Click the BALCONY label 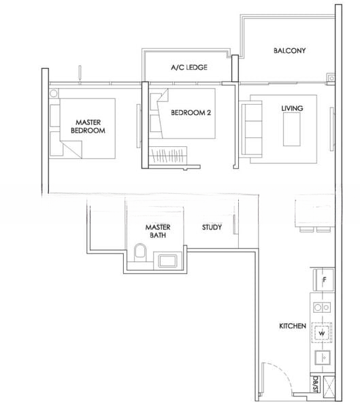click(x=289, y=50)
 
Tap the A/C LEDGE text click(x=189, y=67)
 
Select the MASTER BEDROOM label click(x=88, y=126)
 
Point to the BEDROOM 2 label click(x=191, y=113)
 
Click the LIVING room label click(x=292, y=108)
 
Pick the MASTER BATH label click(x=158, y=231)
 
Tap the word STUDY click(x=212, y=227)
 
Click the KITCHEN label click(x=293, y=326)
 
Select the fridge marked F click(x=324, y=279)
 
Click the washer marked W click(x=322, y=333)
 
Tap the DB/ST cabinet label click(x=315, y=384)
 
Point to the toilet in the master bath click(x=140, y=252)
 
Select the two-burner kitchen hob click(x=322, y=307)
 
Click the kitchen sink click(x=323, y=358)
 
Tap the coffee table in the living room click(x=291, y=129)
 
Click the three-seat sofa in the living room click(x=251, y=129)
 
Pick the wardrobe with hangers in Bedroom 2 click(x=168, y=155)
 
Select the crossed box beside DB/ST click(x=329, y=387)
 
